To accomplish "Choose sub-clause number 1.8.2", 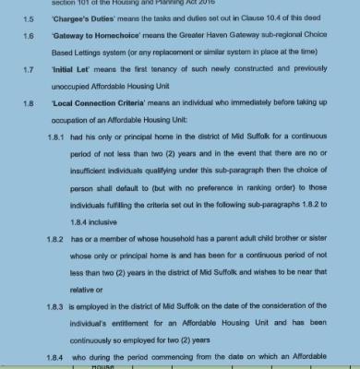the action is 55,238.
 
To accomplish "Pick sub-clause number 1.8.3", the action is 55,305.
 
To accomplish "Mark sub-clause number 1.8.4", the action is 55,355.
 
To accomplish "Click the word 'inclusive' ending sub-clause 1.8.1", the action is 102,221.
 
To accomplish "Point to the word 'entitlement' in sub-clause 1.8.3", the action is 128,322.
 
